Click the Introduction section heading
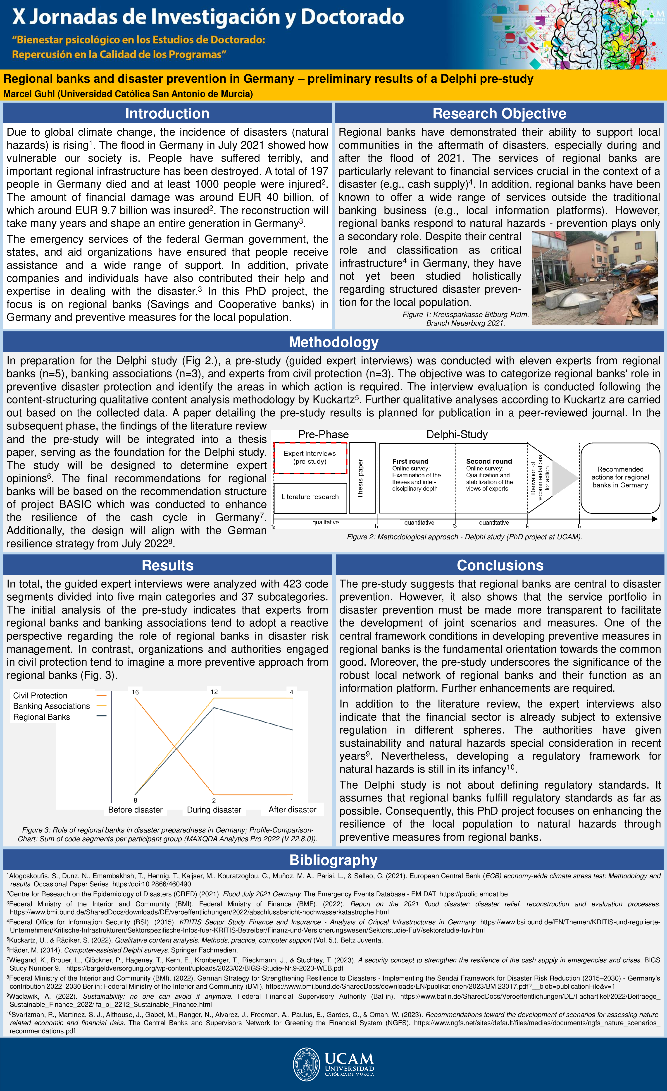coord(167,113)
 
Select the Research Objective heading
coord(499,113)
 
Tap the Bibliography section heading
coord(333,860)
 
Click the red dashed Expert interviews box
coord(310,457)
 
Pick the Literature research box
coord(310,497)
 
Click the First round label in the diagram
coord(410,461)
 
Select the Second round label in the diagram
coord(489,461)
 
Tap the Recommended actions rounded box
coord(620,477)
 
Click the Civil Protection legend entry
coord(40,696)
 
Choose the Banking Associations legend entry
coord(51,706)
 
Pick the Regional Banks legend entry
coord(42,717)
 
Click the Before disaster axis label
coord(136,810)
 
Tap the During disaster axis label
coord(214,810)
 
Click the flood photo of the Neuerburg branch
coord(594,278)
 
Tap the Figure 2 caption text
coord(464,537)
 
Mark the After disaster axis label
coord(293,809)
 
